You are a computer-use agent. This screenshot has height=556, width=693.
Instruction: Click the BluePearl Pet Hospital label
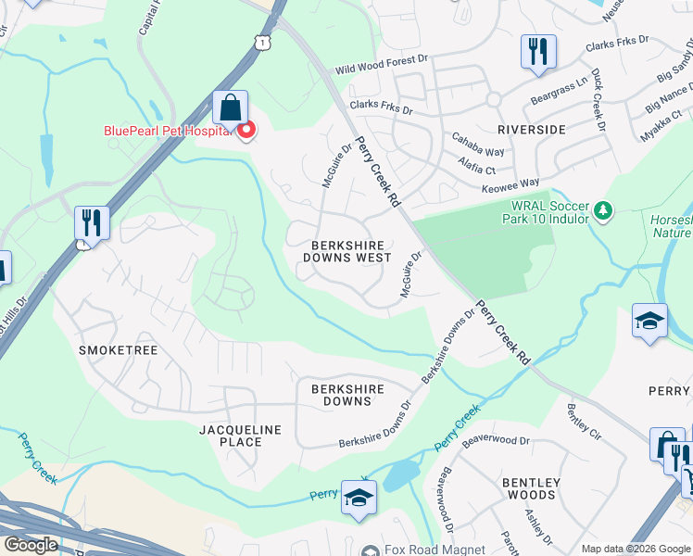pyautogui.click(x=164, y=132)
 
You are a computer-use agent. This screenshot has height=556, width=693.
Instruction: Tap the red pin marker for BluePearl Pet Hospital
pyautogui.click(x=246, y=132)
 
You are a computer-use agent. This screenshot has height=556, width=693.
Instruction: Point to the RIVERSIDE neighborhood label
pyautogui.click(x=531, y=130)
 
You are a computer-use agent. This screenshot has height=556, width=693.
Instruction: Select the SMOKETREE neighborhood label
pyautogui.click(x=119, y=350)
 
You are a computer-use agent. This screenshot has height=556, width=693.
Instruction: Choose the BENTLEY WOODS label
pyautogui.click(x=531, y=490)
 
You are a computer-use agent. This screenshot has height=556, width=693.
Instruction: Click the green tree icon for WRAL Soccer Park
pyautogui.click(x=603, y=212)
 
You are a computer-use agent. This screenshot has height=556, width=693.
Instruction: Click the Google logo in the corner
pyautogui.click(x=31, y=545)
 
